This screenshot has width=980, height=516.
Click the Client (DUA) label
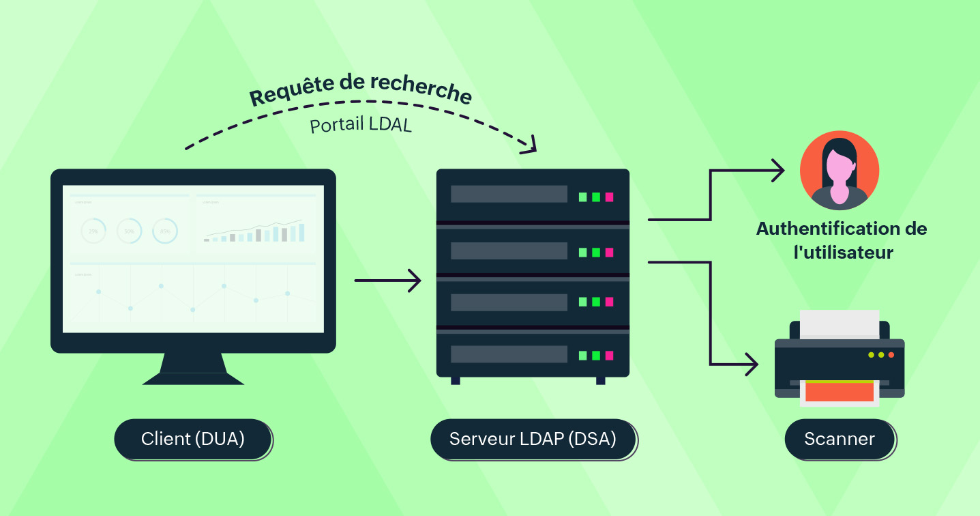(193, 439)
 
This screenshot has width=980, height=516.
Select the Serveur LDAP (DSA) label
(533, 439)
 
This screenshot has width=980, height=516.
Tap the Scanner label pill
(839, 439)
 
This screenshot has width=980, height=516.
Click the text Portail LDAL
(361, 126)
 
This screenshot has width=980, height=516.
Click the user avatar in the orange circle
(839, 171)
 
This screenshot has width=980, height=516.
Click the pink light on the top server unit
(609, 197)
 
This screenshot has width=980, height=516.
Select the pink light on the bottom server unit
(609, 356)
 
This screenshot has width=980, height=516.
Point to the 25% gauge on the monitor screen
(93, 231)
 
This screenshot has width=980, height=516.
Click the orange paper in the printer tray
(839, 392)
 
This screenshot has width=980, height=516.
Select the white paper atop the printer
(839, 324)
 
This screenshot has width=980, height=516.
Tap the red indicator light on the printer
(891, 355)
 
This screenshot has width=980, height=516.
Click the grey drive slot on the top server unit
(509, 194)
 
